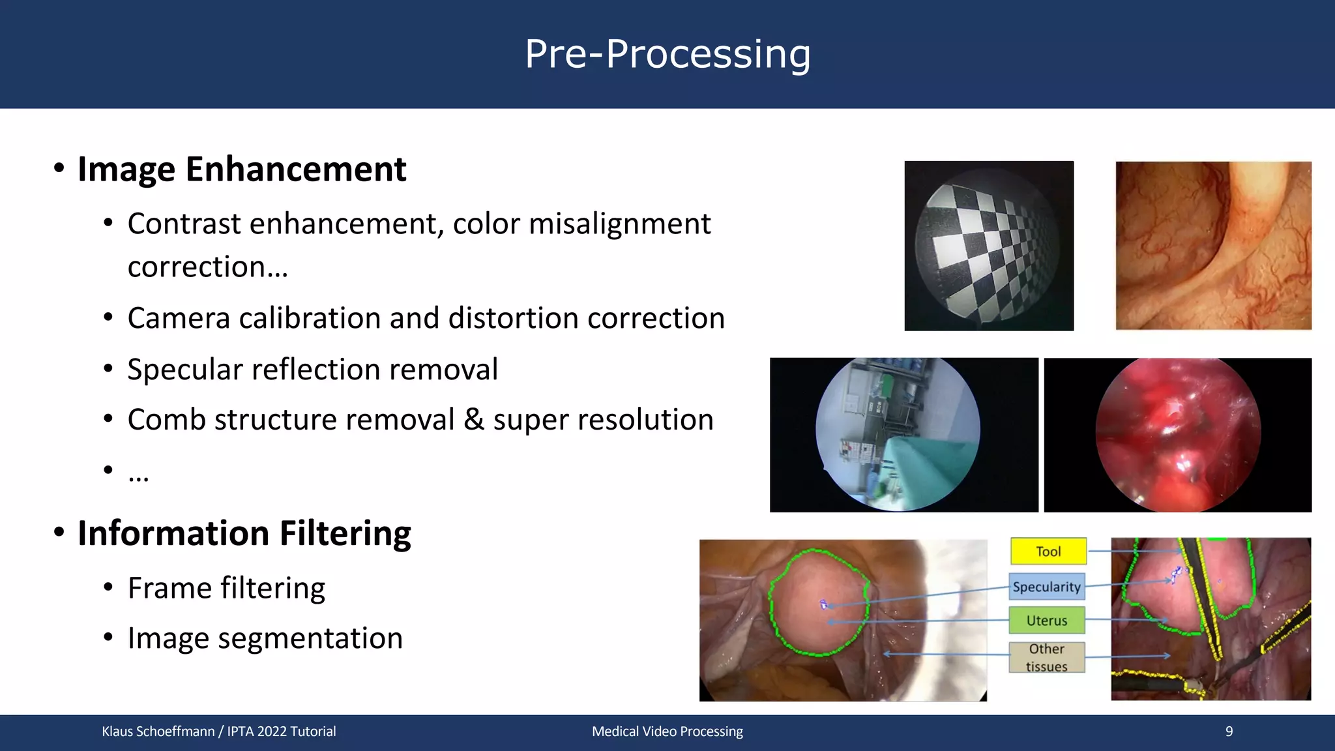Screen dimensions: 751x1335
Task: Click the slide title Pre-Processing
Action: point(667,54)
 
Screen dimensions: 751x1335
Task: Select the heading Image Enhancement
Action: point(242,169)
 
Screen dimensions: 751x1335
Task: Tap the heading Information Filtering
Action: point(244,533)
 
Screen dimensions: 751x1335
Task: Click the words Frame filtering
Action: point(226,588)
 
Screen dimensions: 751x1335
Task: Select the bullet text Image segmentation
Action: point(265,638)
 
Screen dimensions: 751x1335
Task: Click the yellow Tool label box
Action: point(1048,552)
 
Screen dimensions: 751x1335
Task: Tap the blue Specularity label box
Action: point(1046,587)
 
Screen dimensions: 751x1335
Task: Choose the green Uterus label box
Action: point(1047,621)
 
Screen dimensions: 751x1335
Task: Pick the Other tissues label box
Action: point(1047,657)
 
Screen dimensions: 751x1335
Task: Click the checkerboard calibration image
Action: point(988,246)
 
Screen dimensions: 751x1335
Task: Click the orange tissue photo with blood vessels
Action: point(1213,246)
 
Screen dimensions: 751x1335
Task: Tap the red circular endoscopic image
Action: point(1178,434)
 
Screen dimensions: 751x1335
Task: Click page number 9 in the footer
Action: point(1229,731)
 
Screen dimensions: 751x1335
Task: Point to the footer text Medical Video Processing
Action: point(667,731)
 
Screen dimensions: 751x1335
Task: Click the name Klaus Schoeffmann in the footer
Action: point(158,731)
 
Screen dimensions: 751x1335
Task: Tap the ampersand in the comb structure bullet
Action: point(473,420)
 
